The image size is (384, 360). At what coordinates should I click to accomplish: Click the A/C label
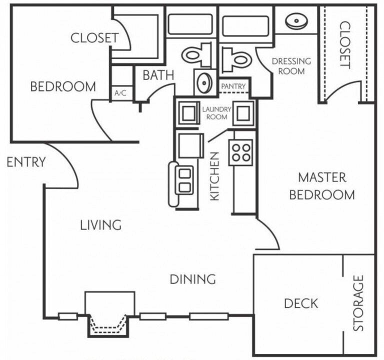point(120,93)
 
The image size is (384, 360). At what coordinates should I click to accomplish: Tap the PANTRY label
point(233,86)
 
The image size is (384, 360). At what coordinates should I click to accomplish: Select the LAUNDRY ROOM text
point(216,113)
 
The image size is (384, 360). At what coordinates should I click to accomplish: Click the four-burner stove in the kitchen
point(240,152)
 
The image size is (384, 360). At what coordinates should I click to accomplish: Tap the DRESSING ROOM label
point(291,66)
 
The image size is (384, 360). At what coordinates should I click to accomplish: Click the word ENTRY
point(26,162)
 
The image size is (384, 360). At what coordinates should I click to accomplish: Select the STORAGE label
point(358,303)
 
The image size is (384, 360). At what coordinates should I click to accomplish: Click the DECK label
point(301,303)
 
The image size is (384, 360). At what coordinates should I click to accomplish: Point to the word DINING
point(192,279)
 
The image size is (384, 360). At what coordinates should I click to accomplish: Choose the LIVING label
point(101,225)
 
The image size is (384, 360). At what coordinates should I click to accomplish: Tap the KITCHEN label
point(214,176)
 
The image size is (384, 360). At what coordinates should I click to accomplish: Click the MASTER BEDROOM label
point(322,186)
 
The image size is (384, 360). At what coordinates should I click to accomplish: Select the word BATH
point(158,75)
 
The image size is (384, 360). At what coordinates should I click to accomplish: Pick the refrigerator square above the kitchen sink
point(191,145)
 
